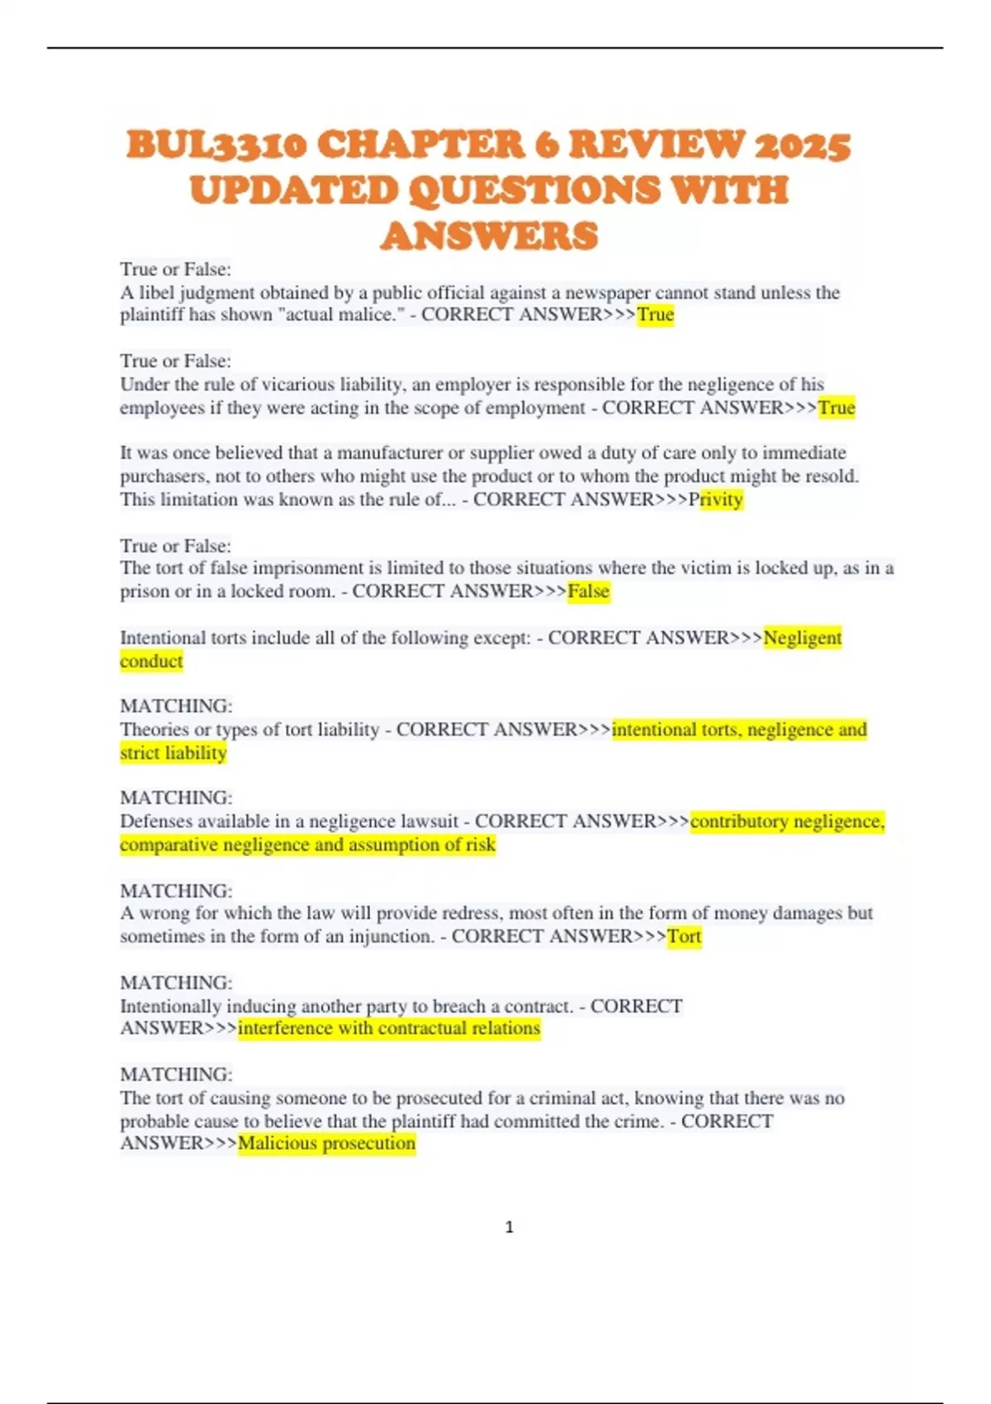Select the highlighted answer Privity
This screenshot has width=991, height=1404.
point(721,500)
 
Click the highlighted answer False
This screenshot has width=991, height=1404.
point(589,591)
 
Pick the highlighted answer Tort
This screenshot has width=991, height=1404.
point(684,937)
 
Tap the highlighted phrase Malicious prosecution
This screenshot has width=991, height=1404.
point(327,1144)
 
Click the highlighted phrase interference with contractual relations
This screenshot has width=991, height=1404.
point(389,1028)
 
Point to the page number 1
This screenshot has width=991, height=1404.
point(509,1227)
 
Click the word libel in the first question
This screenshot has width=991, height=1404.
point(157,292)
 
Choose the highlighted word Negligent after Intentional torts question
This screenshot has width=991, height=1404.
point(803,638)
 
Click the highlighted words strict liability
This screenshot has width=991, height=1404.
point(173,753)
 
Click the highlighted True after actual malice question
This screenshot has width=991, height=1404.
point(656,315)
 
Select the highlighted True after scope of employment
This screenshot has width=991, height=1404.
point(837,408)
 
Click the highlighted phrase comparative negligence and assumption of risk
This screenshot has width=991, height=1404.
point(307,845)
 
